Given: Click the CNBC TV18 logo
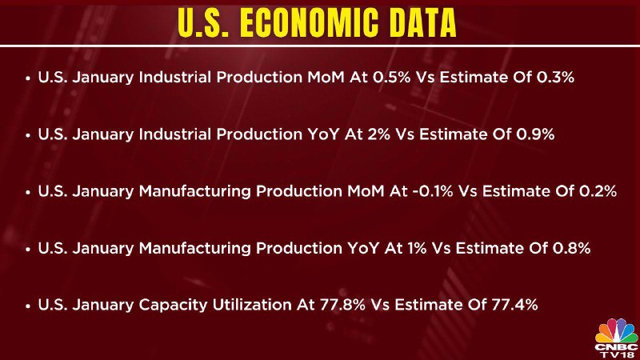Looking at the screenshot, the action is coord(616,338).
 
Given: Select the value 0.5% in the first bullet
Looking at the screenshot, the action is coord(392,77).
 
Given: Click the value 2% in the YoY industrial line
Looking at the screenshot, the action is coord(379,134).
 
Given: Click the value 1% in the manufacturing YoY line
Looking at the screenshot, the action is coord(417,248).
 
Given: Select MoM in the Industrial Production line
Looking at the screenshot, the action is coord(326,77).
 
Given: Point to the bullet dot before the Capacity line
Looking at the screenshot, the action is coord(28,306).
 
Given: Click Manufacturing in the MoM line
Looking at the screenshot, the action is coord(194,192).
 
